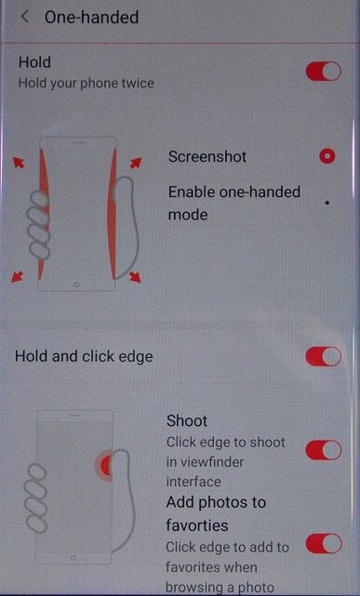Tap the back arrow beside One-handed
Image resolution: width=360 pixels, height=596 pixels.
pos(24,17)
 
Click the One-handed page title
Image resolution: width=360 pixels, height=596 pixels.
pos(91,17)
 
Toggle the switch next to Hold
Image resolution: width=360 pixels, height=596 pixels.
pos(323,72)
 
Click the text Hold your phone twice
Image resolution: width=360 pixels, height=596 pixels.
pos(86,83)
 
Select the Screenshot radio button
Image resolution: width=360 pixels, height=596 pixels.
pos(327,156)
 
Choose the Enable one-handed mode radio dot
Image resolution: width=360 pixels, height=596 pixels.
pos(327,202)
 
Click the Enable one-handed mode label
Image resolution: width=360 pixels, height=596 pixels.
pos(233,202)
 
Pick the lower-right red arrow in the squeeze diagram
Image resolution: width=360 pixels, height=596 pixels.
pos(135,276)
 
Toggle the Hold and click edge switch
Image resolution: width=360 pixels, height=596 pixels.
pos(323,356)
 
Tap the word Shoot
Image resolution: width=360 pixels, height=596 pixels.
pos(187,420)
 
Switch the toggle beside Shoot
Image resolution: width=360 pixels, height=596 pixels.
pos(323,450)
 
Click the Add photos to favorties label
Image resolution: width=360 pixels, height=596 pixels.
pos(216,513)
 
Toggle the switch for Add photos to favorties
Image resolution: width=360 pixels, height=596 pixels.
pos(323,543)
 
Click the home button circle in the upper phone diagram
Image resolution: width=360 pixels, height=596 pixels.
pos(76,281)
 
